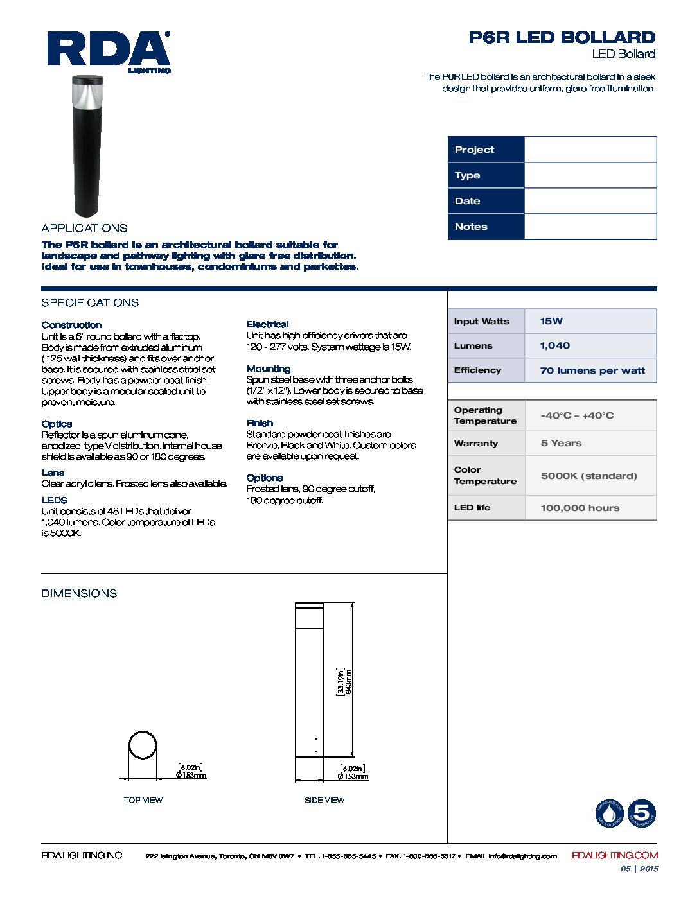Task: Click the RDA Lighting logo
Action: pos(109,51)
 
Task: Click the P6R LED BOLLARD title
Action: pos(562,37)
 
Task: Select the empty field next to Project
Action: pos(590,150)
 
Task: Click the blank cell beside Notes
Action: pos(590,227)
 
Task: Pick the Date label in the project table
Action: pos(468,201)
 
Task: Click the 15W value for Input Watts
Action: pos(551,321)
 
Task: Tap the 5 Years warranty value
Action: pos(561,443)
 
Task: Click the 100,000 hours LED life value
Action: pos(580,508)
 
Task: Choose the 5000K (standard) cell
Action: pos(588,476)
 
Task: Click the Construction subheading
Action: pos(71,325)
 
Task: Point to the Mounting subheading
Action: pos(269,369)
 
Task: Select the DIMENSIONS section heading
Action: pos(80,593)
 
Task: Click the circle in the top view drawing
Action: pos(143,745)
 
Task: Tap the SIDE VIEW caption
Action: pos(324,800)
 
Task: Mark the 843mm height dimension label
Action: pos(349,681)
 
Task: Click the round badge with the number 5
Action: pos(641,813)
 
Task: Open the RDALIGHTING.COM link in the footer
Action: pos(615,855)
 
